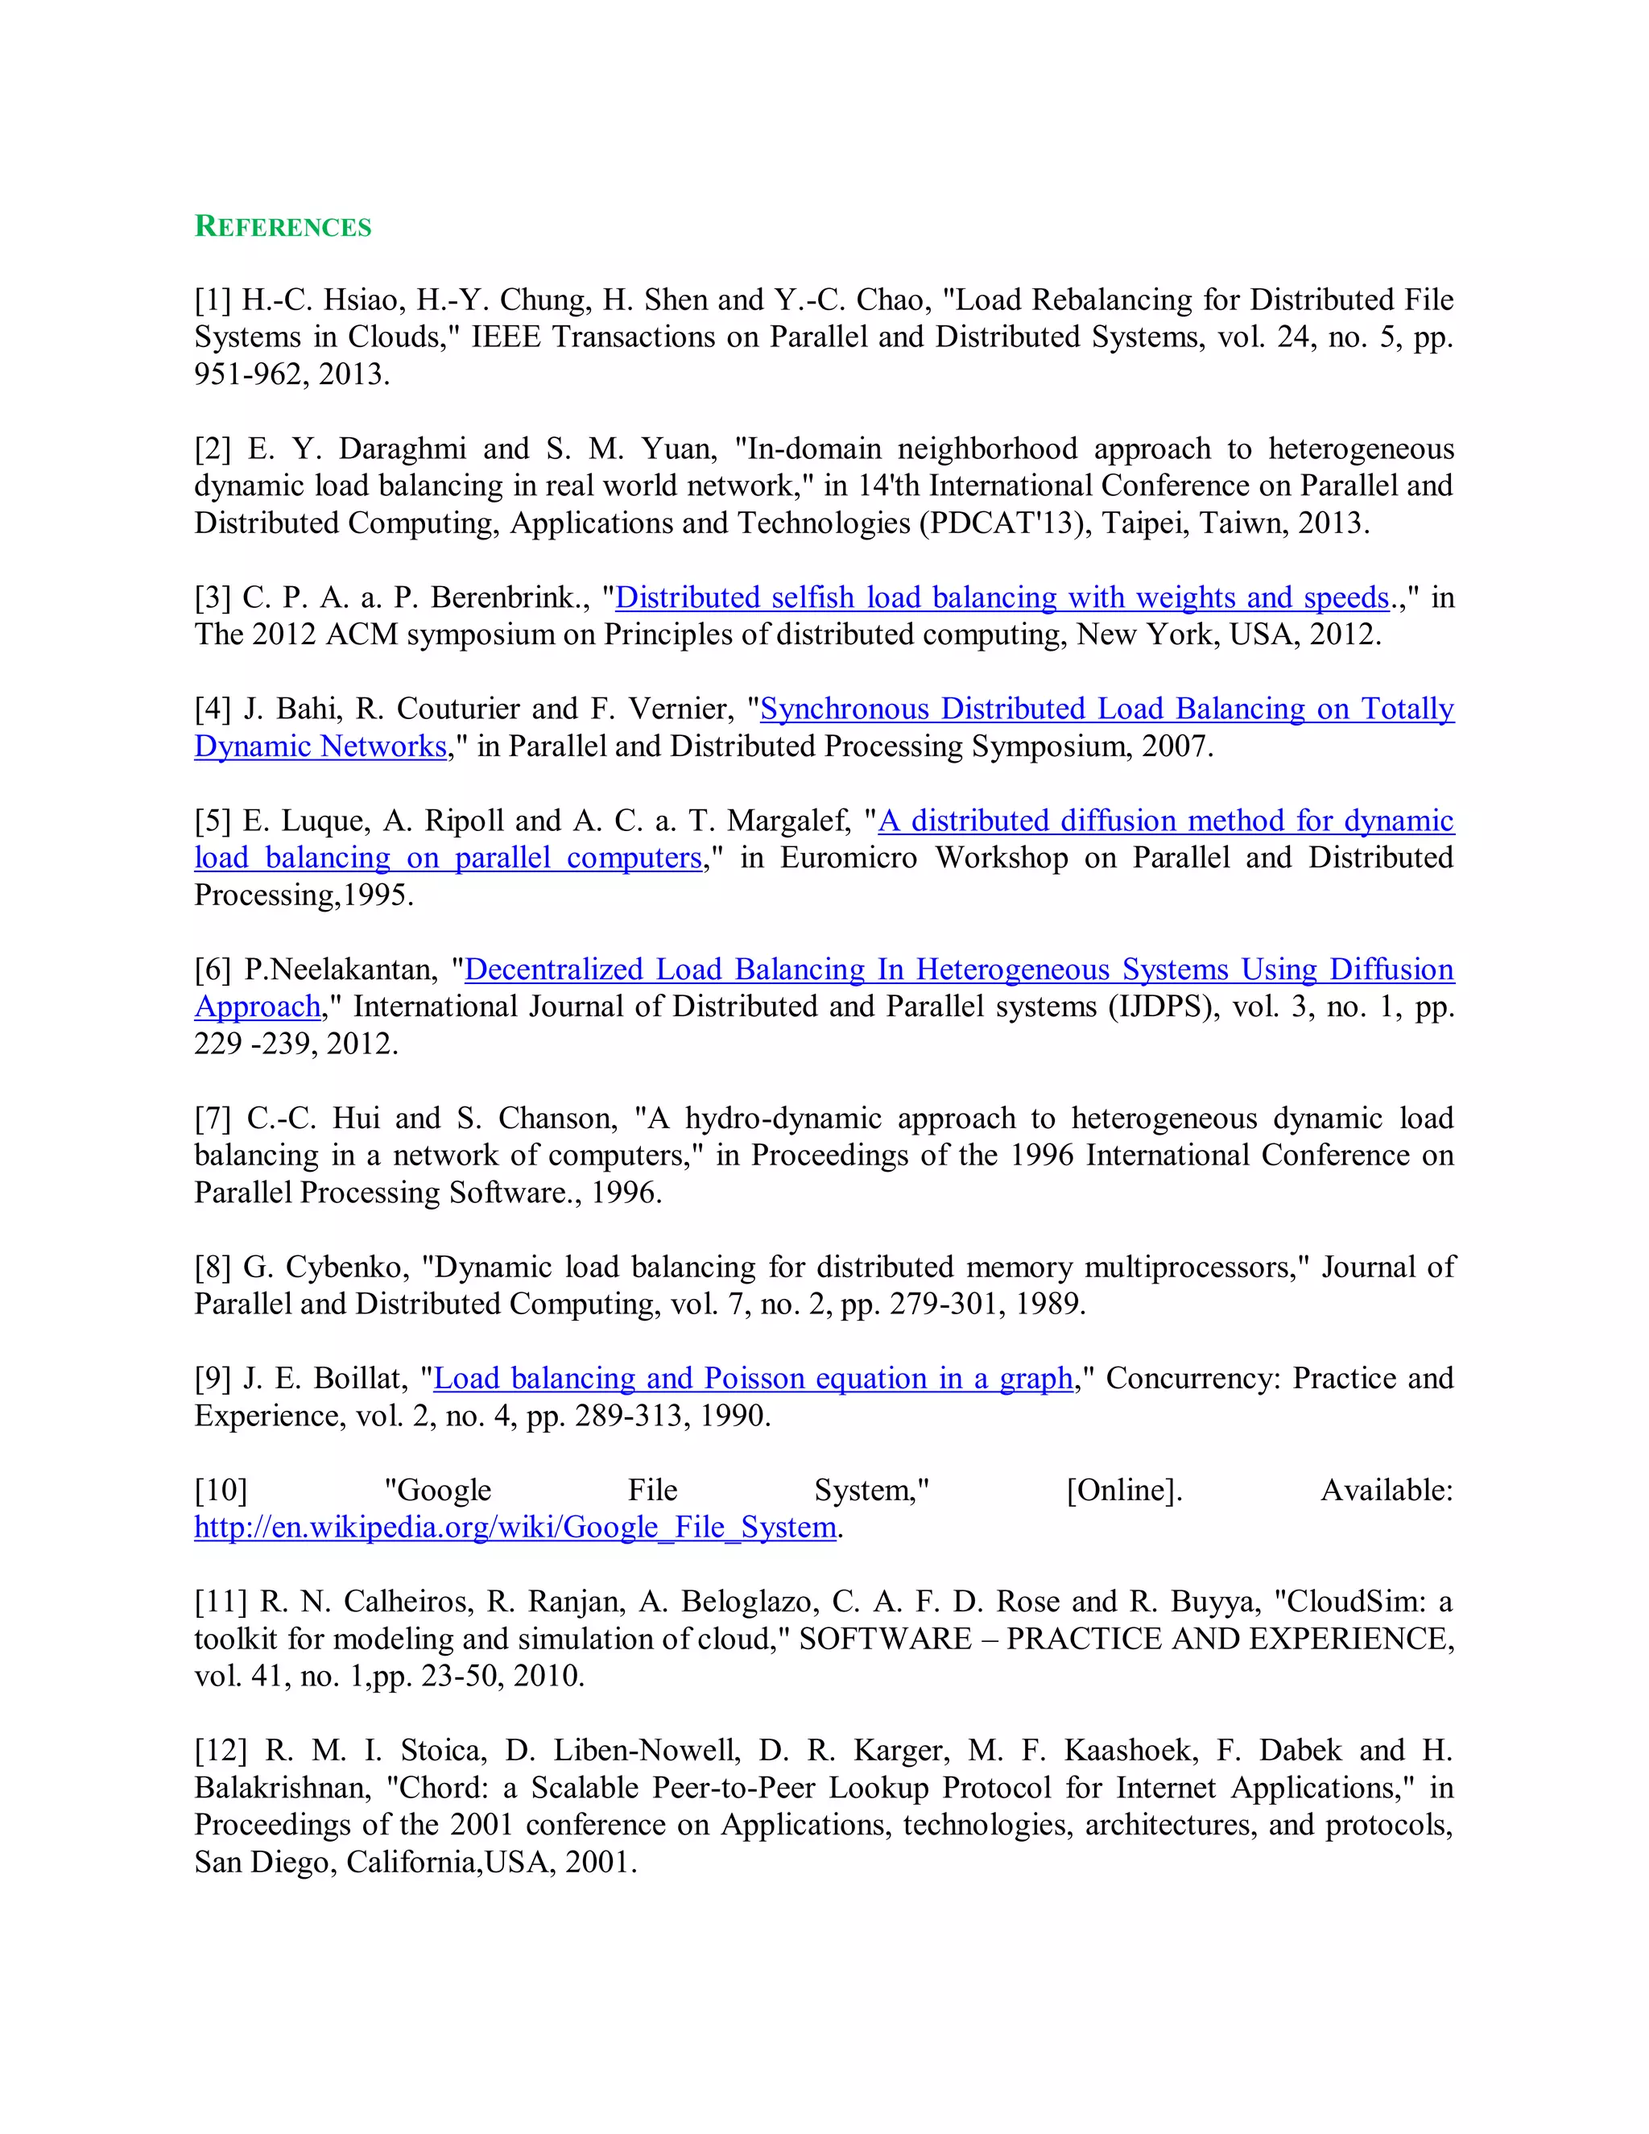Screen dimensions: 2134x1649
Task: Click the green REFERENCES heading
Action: coord(283,227)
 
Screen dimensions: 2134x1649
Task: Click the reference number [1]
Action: coord(212,300)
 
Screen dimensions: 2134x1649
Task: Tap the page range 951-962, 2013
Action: coord(292,374)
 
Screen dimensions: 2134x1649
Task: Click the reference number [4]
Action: coord(212,709)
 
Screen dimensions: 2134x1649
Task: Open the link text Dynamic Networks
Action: coord(320,746)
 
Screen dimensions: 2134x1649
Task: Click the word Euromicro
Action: coord(849,858)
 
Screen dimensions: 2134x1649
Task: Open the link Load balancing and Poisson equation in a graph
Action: coord(753,1379)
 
